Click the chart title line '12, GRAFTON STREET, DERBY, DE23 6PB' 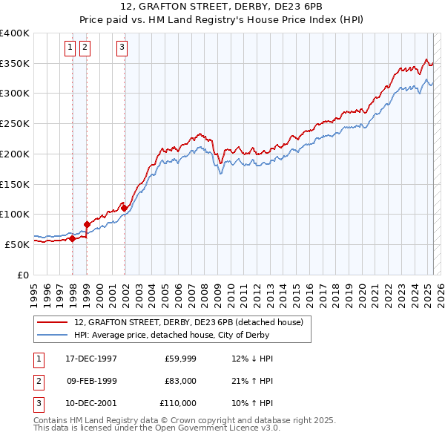pyautogui.click(x=222, y=7)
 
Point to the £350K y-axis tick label pyautogui.click(x=14, y=64)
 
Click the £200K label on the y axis pyautogui.click(x=14, y=154)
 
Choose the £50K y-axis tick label pyautogui.click(x=17, y=244)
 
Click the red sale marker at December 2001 pyautogui.click(x=124, y=209)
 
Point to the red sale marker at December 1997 pyautogui.click(x=72, y=238)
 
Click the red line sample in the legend pyautogui.click(x=53, y=323)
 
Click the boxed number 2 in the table pyautogui.click(x=38, y=381)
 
